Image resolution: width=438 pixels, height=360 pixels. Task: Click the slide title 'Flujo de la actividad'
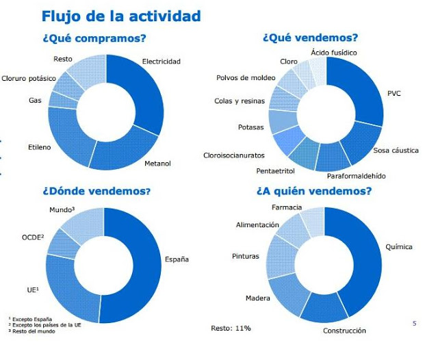(x=121, y=15)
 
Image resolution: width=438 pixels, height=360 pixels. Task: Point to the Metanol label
(x=157, y=164)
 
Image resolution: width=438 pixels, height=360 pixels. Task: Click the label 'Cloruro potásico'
(x=29, y=79)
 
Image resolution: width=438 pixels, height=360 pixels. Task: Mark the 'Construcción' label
(x=344, y=331)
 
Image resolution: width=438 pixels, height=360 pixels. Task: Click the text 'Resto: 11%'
(x=231, y=329)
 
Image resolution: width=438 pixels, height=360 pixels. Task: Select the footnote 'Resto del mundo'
(x=34, y=331)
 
